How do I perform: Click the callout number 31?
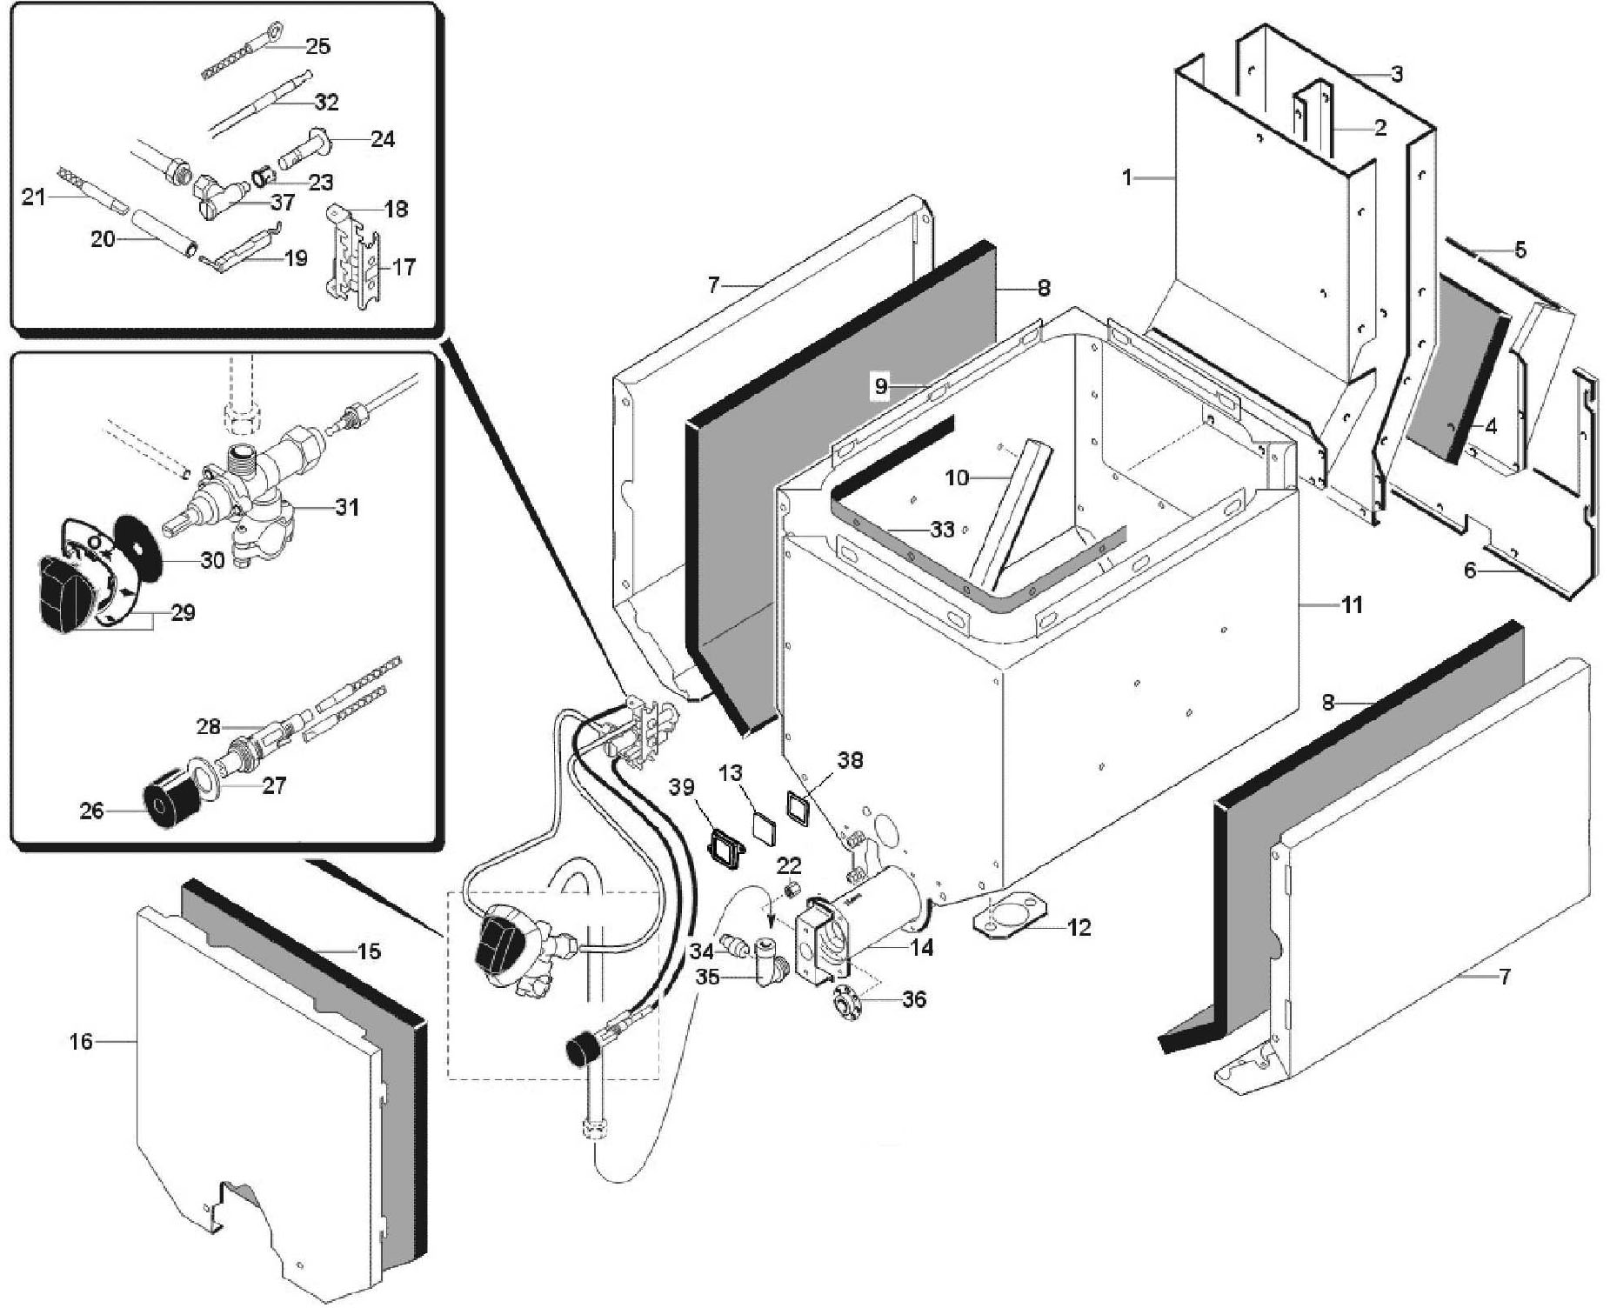pos(347,506)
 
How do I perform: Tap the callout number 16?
pos(81,1041)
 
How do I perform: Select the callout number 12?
pos(1079,928)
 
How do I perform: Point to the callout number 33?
pos(942,529)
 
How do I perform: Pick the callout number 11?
pos(1351,604)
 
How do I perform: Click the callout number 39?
pos(682,786)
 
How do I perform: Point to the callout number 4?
pos(1490,427)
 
